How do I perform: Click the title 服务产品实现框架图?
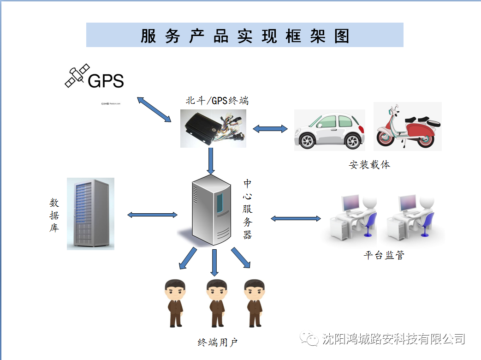click(x=244, y=36)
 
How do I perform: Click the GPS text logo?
click(x=106, y=81)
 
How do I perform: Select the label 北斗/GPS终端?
click(x=217, y=100)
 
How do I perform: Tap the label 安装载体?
click(x=369, y=164)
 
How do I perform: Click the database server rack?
click(x=90, y=214)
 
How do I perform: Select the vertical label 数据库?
click(x=54, y=215)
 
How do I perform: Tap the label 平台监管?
click(x=384, y=255)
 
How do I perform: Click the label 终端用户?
click(x=217, y=342)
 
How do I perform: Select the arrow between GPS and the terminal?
click(x=154, y=109)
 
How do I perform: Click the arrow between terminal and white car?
click(x=270, y=129)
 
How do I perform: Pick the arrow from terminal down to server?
click(x=211, y=161)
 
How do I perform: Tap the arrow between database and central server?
click(x=152, y=215)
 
